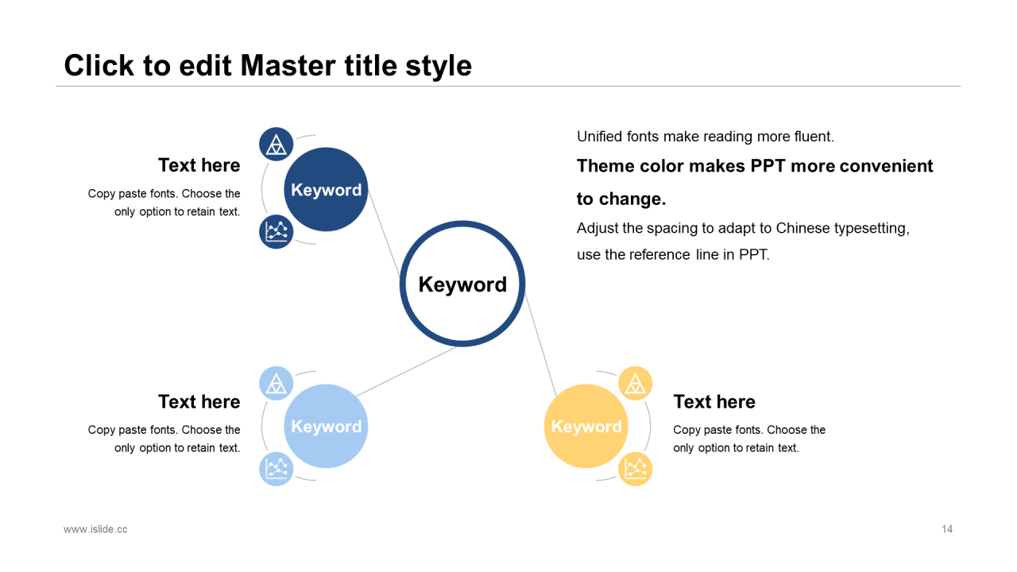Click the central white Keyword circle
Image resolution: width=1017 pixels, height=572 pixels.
click(462, 284)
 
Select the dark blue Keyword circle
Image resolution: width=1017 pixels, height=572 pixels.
click(326, 190)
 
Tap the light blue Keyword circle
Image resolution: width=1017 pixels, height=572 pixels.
click(326, 427)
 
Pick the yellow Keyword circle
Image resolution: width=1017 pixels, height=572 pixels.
click(586, 427)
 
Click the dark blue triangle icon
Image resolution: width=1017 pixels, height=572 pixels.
click(276, 144)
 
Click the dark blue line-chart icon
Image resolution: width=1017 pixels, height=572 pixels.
click(276, 232)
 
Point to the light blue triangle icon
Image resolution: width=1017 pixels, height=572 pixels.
click(276, 383)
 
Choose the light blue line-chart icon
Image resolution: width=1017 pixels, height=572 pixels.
click(276, 469)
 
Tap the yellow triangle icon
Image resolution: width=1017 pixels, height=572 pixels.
click(635, 384)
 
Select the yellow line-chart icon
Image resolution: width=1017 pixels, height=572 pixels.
click(635, 469)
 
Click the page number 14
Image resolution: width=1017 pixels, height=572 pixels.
click(946, 529)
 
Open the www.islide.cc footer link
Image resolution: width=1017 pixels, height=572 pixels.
click(95, 529)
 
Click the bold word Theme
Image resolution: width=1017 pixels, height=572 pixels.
click(605, 166)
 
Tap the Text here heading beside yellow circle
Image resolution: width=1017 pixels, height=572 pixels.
click(713, 402)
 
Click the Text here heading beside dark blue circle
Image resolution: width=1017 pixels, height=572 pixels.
click(199, 165)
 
